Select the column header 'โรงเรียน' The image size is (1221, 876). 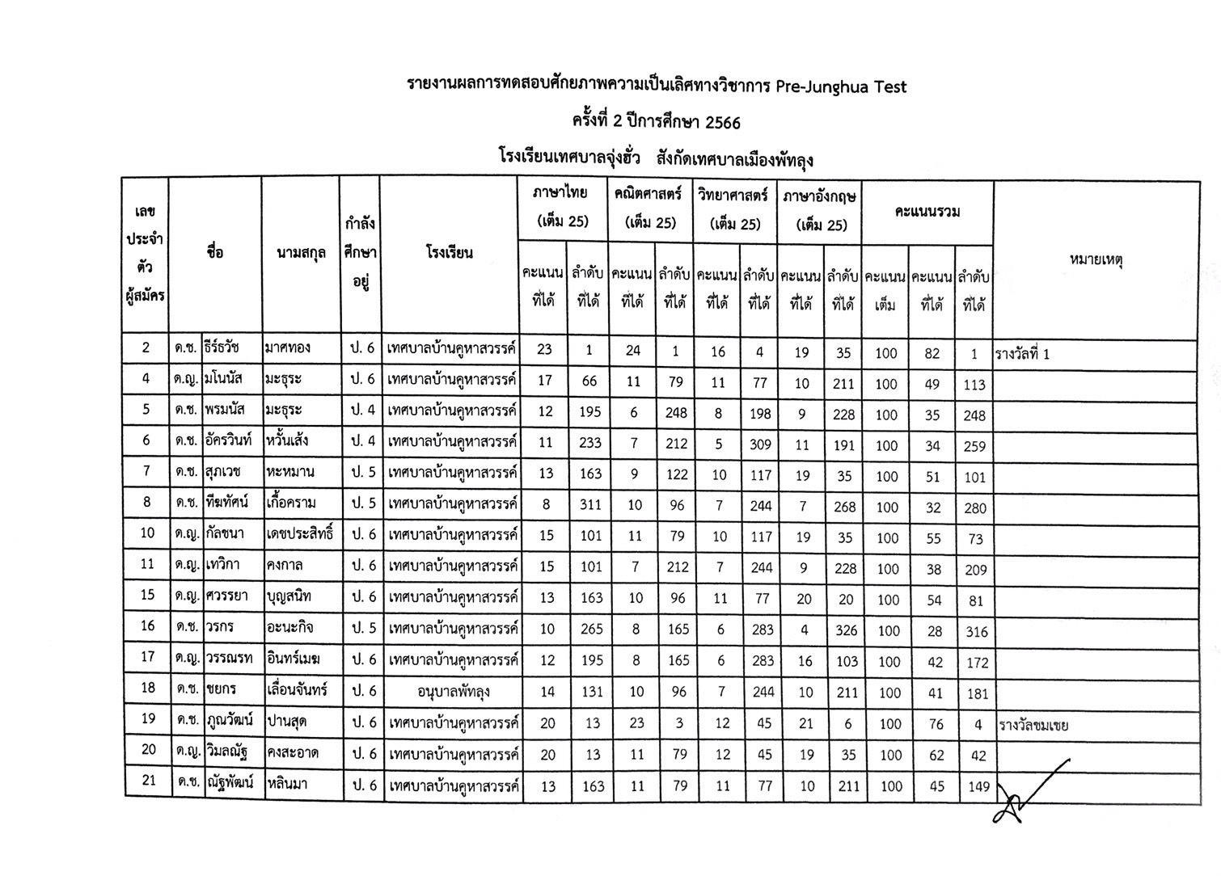pos(449,253)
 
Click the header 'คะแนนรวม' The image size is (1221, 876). pos(927,213)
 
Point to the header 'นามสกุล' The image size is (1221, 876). pos(300,253)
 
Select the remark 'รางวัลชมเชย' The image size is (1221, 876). pos(1033,725)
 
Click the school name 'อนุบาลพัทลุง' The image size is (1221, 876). pos(454,692)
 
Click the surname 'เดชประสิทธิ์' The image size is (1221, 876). pos(299,534)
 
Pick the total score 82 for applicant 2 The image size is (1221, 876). pos(932,353)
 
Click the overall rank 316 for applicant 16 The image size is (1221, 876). pos(976,632)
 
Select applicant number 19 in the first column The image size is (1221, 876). pos(147,718)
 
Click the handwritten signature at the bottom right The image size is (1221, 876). pos(1029,792)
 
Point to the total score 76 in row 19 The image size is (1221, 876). pos(936,724)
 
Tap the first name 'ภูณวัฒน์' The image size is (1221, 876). pos(230,720)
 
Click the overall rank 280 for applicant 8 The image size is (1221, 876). pos(975,507)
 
